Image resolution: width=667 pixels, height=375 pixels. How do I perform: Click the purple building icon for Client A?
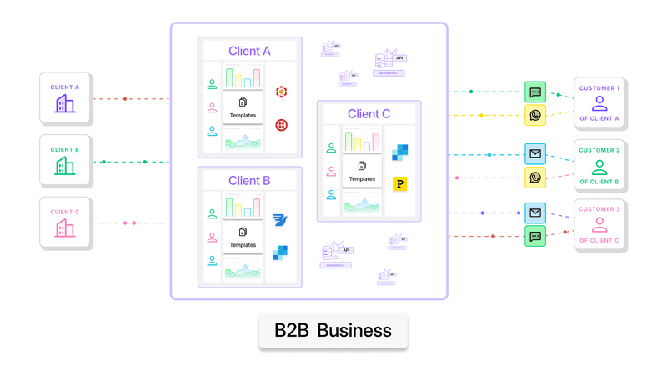pos(65,103)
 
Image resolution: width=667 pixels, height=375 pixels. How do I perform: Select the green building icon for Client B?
pos(65,166)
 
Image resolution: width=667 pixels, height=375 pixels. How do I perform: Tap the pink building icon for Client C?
pos(65,227)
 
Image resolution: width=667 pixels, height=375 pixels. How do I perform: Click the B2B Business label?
pos(333,330)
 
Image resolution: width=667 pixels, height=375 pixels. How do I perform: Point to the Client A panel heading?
pos(249,52)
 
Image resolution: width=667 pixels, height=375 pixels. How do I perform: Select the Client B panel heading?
pos(249,181)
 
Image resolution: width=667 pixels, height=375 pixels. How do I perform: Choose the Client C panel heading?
pos(369,114)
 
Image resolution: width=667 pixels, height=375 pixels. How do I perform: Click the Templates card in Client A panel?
pos(243,107)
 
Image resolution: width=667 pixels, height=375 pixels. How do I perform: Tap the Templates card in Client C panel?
pos(362,171)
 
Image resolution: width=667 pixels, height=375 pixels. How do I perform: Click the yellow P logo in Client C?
pos(399,184)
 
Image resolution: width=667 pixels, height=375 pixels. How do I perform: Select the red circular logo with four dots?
pos(282,125)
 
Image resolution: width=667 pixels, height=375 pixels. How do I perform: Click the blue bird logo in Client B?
pos(280,221)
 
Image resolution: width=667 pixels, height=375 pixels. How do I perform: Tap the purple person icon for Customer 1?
pos(599,104)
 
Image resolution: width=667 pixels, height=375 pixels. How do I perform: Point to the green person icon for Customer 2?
pos(599,166)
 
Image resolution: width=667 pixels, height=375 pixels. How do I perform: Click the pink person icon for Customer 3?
pos(599,225)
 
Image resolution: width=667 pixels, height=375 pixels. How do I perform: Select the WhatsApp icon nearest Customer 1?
pos(535,116)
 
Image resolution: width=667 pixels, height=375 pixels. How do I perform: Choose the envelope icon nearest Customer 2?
pos(535,154)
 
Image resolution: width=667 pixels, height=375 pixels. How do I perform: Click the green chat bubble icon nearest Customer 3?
pos(535,236)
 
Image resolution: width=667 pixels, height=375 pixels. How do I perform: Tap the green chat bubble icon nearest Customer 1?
pos(535,92)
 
